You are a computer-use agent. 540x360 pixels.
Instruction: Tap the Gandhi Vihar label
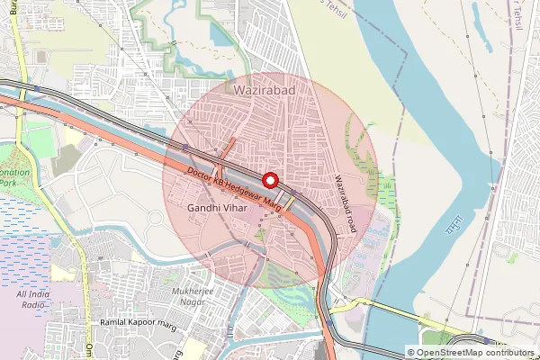217,208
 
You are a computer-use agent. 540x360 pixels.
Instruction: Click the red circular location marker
270,177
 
